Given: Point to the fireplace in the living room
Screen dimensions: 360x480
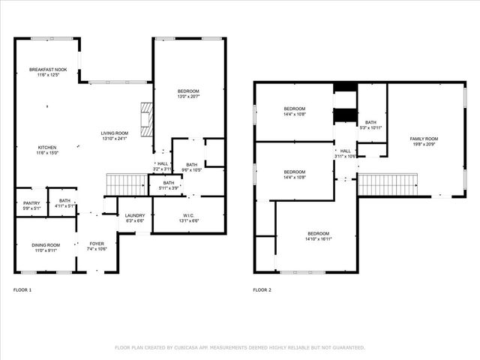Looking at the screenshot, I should click(x=145, y=118).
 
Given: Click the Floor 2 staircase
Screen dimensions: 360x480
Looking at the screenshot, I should click(x=388, y=184).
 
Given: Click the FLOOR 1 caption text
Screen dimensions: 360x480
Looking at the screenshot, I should click(x=22, y=289).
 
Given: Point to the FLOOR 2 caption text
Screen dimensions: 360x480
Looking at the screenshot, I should click(x=262, y=289).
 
